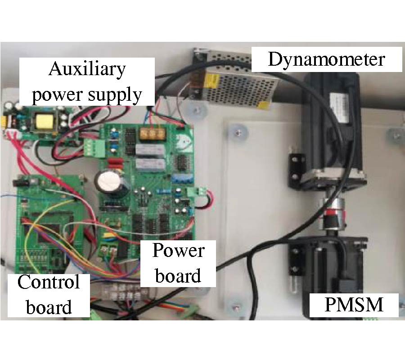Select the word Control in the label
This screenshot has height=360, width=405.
pos(48,282)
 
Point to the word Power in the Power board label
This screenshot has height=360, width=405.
pos(178,251)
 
